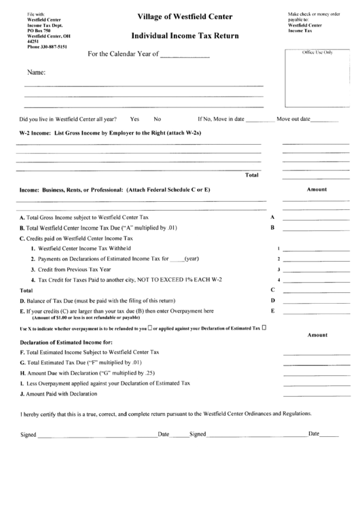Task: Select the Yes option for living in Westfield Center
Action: pyautogui.click(x=134, y=119)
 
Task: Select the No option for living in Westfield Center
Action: pyautogui.click(x=157, y=119)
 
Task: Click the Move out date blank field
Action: pyautogui.click(x=324, y=120)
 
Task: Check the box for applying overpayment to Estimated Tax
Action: pyautogui.click(x=264, y=328)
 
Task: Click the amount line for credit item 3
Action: pyautogui.click(x=310, y=270)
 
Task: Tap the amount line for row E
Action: pyautogui.click(x=310, y=313)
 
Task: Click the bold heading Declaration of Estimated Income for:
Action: pyautogui.click(x=62, y=342)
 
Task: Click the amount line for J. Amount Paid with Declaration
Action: pyautogui.click(x=310, y=395)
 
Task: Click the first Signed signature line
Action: pyautogui.click(x=97, y=436)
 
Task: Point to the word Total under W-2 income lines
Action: pyautogui.click(x=251, y=175)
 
